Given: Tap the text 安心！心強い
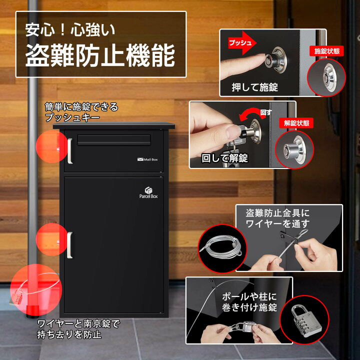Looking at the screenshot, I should click(x=70, y=29).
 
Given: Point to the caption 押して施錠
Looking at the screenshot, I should click(x=255, y=87).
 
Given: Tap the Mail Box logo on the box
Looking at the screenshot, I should click(x=147, y=159).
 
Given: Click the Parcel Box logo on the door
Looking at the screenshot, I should click(x=148, y=193).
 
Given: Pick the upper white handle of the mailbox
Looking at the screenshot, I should click(x=70, y=150).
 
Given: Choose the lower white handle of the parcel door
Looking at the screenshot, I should click(x=70, y=245).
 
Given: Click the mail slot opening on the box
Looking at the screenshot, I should click(x=114, y=139).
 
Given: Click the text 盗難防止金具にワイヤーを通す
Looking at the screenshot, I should click(x=277, y=218).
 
